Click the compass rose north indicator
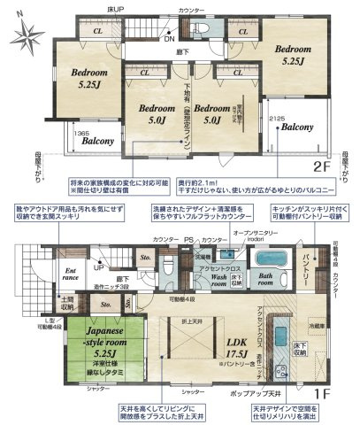point(28,37)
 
